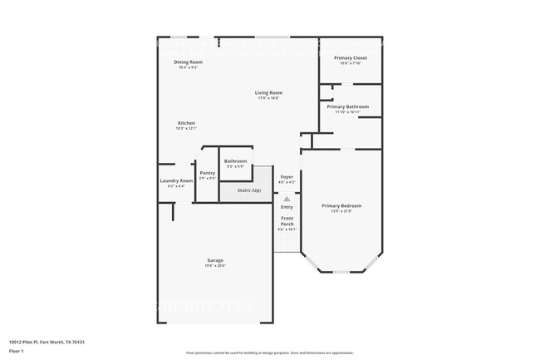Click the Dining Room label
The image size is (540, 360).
(188, 62)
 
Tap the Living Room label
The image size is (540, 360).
(268, 92)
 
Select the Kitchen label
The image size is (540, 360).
(186, 123)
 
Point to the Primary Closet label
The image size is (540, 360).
(350, 57)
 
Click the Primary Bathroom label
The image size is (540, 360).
(347, 106)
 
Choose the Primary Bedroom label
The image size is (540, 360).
(341, 205)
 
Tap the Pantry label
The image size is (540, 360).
(207, 173)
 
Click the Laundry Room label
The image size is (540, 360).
(175, 181)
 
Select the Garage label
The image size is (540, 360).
(215, 262)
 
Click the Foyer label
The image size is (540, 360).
(287, 176)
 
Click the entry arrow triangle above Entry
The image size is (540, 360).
(287, 200)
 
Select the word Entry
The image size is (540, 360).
(287, 207)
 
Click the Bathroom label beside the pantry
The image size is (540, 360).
(235, 160)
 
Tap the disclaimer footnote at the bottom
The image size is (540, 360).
(269, 353)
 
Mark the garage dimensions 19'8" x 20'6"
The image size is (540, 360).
(215, 267)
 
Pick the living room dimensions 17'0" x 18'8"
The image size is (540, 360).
(268, 98)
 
